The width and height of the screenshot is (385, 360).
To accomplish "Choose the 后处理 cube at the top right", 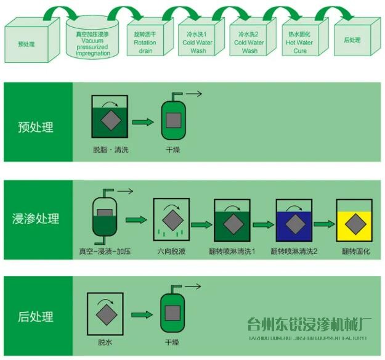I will click(x=352, y=41).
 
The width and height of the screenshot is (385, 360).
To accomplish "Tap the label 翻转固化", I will click(x=353, y=252).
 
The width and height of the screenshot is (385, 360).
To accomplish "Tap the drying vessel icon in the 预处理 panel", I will click(x=173, y=118).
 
